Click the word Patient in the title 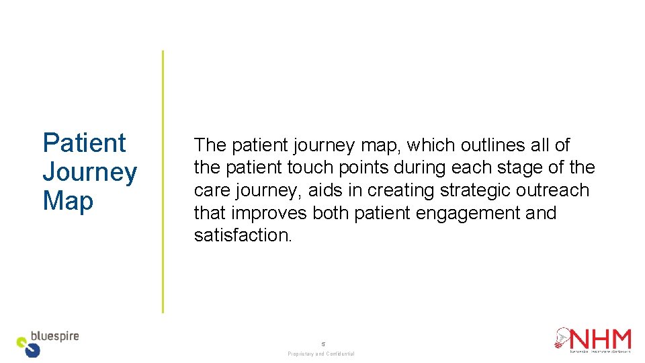point(84,143)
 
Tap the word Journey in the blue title point(89,172)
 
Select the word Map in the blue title point(68,200)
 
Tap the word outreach point(552,190)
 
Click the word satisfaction point(243,235)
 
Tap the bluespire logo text point(55,335)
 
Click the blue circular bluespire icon point(32,350)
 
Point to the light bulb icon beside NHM point(562,338)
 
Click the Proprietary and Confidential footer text point(321,354)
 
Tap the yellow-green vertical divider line point(163,182)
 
